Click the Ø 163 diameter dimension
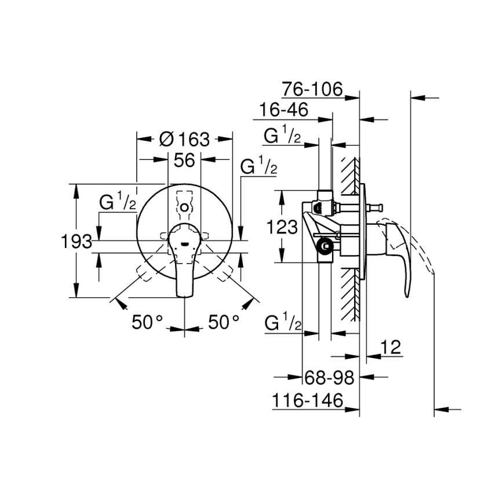point(184,139)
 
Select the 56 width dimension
point(184,161)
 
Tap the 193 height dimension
point(76,241)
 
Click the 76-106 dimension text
point(313,89)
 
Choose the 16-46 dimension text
point(284,110)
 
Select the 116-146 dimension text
point(307,399)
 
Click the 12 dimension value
point(392,347)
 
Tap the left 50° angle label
point(148,322)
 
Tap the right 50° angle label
point(223,322)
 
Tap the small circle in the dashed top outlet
point(184,207)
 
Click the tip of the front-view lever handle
point(184,294)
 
